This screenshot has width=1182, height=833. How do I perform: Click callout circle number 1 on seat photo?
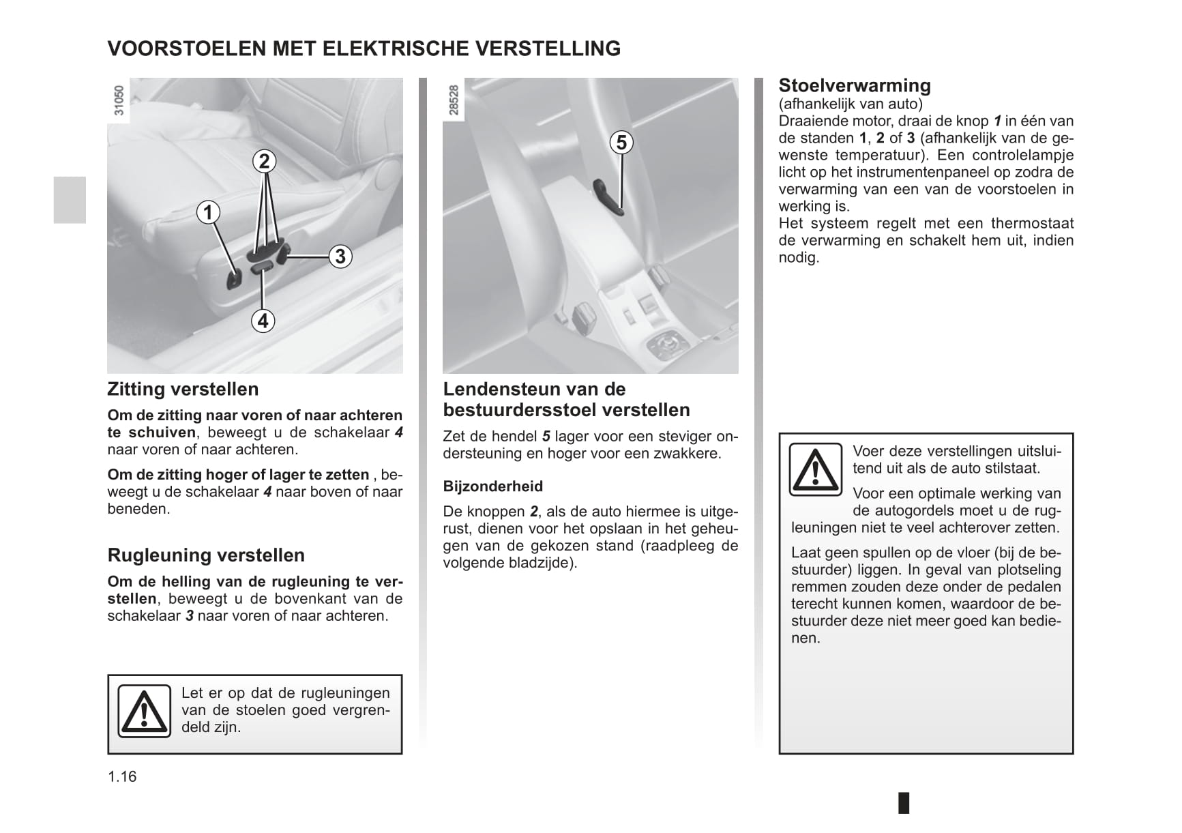pyautogui.click(x=208, y=212)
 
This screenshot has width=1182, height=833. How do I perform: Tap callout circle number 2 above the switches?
pyautogui.click(x=264, y=161)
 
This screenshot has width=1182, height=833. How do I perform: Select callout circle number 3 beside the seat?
pyautogui.click(x=340, y=257)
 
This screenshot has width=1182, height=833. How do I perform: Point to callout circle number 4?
pyautogui.click(x=263, y=320)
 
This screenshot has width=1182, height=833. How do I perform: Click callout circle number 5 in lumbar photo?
pyautogui.click(x=621, y=143)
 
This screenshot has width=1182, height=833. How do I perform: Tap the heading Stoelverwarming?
pyautogui.click(x=854, y=86)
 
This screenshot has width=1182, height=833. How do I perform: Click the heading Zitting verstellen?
pyautogui.click(x=183, y=390)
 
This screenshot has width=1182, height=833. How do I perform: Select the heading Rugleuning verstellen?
pyautogui.click(x=206, y=555)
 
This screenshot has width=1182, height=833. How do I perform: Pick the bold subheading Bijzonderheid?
pyautogui.click(x=492, y=486)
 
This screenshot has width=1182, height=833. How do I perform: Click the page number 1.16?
pyautogui.click(x=122, y=776)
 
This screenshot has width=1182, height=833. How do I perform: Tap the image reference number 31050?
pyautogui.click(x=119, y=100)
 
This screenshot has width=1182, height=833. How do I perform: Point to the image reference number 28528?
pyautogui.click(x=454, y=100)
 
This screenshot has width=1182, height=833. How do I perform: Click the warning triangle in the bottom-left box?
pyautogui.click(x=144, y=711)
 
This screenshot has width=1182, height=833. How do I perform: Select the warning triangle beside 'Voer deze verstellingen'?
pyautogui.click(x=815, y=469)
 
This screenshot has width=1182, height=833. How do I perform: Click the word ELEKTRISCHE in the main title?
pyautogui.click(x=394, y=48)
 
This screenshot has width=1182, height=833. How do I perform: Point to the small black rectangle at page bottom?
pyautogui.click(x=904, y=802)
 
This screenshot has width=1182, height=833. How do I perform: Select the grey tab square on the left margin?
pyautogui.click(x=70, y=200)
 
